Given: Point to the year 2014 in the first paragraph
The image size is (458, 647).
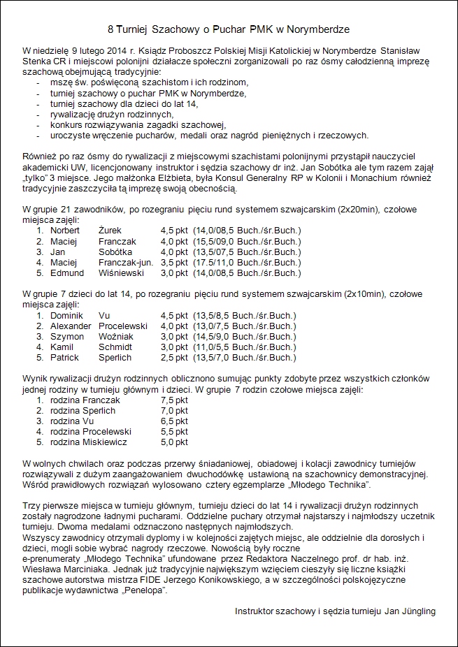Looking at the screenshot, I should (x=113, y=51).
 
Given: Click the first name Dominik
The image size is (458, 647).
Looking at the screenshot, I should (x=66, y=315).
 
